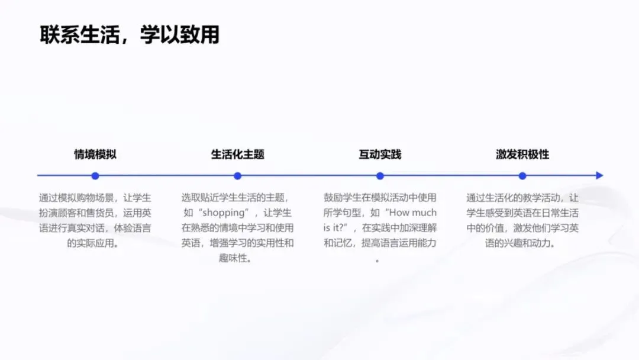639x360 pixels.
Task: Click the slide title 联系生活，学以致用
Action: pyautogui.click(x=130, y=34)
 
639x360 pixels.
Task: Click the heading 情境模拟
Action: pyautogui.click(x=95, y=155)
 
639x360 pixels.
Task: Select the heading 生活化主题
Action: pyautogui.click(x=237, y=155)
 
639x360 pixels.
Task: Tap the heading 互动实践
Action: pyautogui.click(x=380, y=155)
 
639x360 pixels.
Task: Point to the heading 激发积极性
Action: pyautogui.click(x=522, y=155)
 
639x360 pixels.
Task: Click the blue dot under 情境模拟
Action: pyautogui.click(x=95, y=176)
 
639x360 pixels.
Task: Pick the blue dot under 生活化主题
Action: pyautogui.click(x=237, y=176)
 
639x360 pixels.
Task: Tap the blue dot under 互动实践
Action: pyautogui.click(x=380, y=176)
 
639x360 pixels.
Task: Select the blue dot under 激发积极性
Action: pyautogui.click(x=522, y=176)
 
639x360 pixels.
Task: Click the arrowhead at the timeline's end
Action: pyautogui.click(x=599, y=176)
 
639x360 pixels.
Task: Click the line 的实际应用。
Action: pyautogui.click(x=95, y=243)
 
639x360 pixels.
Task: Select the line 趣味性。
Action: pyautogui.click(x=237, y=258)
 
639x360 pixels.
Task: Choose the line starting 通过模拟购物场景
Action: pyautogui.click(x=95, y=198)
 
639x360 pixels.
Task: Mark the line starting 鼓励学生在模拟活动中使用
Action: pyautogui.click(x=380, y=198)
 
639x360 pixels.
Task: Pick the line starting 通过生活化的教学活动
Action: pyautogui.click(x=522, y=198)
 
